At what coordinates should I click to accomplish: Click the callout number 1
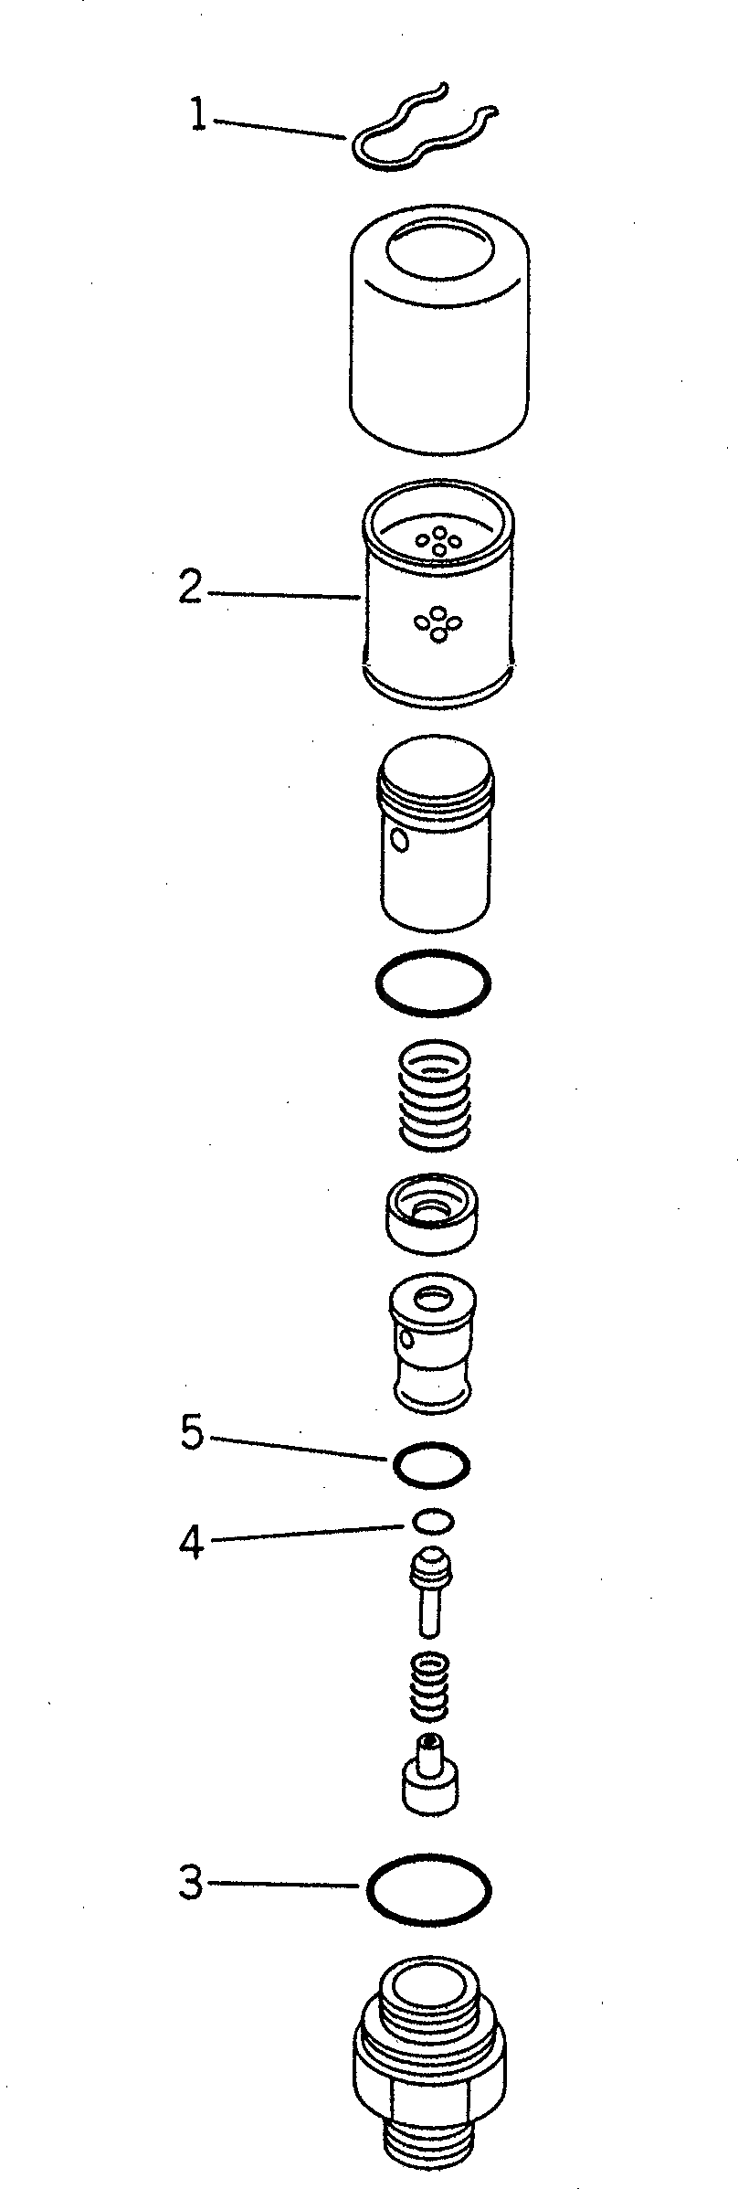[x=197, y=117]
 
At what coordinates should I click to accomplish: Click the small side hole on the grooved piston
[x=397, y=838]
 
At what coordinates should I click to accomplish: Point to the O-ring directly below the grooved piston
[x=433, y=983]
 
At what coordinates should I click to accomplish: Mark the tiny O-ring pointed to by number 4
[x=432, y=1521]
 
